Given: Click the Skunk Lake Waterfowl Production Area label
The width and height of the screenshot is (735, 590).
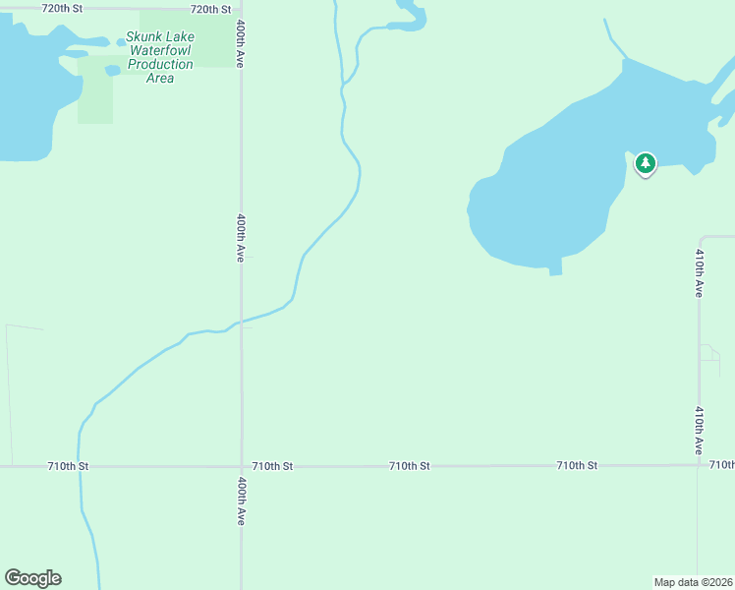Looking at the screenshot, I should (x=160, y=57).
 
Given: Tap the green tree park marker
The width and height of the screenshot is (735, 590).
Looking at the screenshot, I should (x=645, y=164).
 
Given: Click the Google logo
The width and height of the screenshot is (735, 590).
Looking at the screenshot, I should (x=32, y=578).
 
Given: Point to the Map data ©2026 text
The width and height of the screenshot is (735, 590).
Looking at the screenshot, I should (x=693, y=582).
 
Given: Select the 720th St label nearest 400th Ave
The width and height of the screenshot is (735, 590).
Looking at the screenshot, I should (x=210, y=9).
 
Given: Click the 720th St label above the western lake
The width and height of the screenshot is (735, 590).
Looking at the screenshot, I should (x=63, y=8).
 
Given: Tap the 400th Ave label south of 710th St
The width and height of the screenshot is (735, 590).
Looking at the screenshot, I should (x=242, y=501).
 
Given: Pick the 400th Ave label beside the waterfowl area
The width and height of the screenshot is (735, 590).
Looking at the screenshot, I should (x=240, y=46).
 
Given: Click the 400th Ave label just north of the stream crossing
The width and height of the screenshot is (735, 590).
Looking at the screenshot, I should (x=241, y=238).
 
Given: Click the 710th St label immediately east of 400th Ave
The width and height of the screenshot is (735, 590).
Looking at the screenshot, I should (x=272, y=465).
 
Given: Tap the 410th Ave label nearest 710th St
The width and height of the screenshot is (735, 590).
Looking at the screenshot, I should (x=699, y=431).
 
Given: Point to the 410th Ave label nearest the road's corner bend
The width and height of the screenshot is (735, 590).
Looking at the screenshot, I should (x=699, y=273).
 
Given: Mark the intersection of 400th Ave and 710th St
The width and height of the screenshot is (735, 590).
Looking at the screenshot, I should (x=242, y=465).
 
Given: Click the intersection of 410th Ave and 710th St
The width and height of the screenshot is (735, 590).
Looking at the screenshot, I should (x=699, y=464).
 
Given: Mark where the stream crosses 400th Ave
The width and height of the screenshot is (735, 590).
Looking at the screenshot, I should (x=242, y=321).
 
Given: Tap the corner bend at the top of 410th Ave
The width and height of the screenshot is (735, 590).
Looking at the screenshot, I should (x=702, y=238).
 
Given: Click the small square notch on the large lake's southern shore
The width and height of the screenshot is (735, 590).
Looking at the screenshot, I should (x=555, y=266).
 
